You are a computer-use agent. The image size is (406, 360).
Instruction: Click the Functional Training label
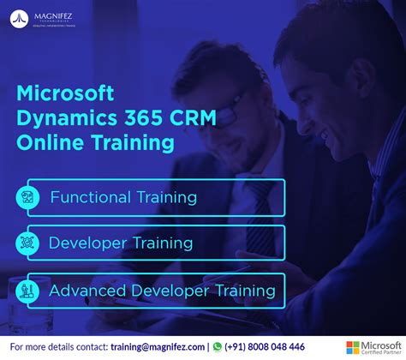123,197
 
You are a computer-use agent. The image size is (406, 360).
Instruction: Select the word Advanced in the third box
85,291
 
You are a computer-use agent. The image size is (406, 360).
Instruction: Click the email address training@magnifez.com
158,346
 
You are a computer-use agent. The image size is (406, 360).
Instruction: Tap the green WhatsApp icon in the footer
218,346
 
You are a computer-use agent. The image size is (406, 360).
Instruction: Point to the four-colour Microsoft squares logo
353,346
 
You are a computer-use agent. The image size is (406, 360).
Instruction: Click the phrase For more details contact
57,346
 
